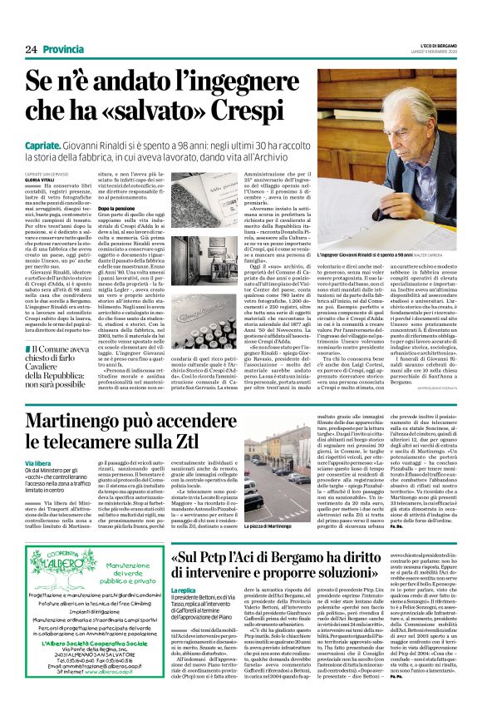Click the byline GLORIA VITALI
point(42,178)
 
